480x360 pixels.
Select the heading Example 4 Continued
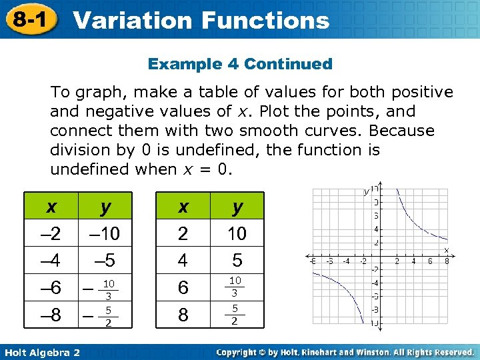240,64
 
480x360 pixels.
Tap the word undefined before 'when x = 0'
89,169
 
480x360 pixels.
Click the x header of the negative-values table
51,207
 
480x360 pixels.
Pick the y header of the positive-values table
237,207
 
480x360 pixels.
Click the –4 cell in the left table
51,259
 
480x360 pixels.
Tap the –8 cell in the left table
51,314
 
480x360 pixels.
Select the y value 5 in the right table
237,259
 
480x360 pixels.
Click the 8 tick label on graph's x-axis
446,261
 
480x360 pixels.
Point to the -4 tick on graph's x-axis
345,261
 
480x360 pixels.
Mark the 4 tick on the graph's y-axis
377,229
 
